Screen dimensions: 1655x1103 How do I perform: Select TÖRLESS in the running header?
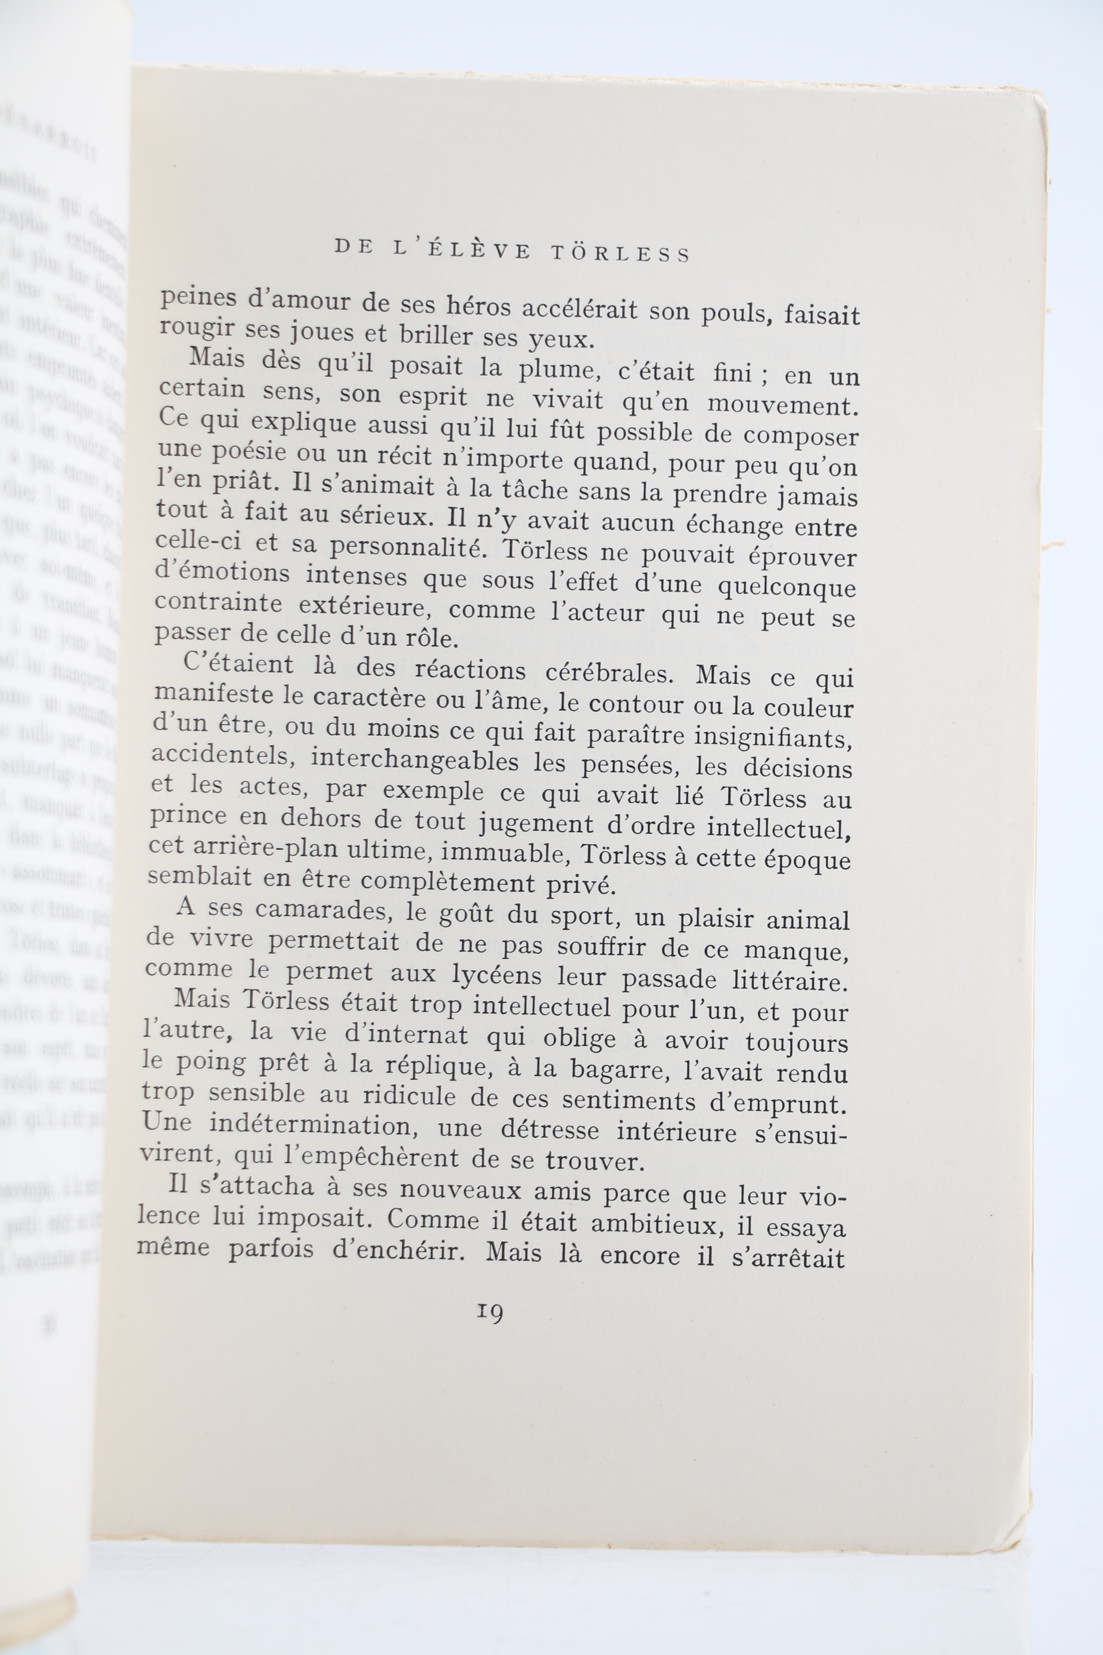pos(621,253)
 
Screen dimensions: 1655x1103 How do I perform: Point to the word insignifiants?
pos(773,736)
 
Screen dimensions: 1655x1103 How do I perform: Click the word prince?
pos(189,816)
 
